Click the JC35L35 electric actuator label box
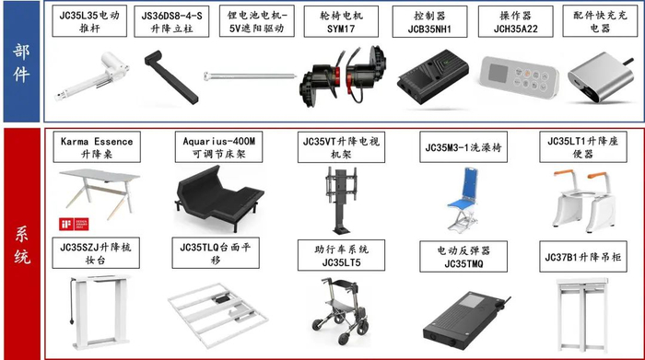point(90,23)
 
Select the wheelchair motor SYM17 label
point(342,23)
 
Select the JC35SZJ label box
point(96,254)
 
